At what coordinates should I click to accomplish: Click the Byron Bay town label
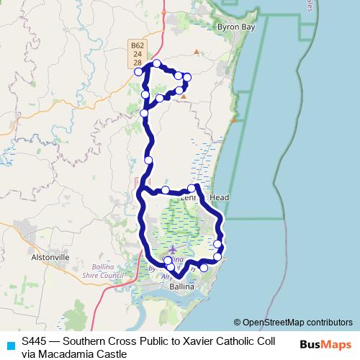pyautogui.click(x=235, y=25)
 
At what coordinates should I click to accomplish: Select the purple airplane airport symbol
pyautogui.click(x=173, y=249)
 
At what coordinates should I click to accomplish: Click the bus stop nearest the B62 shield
pyautogui.click(x=138, y=71)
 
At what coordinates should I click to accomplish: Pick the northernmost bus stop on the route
pyautogui.click(x=156, y=64)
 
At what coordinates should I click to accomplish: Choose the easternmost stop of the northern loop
pyautogui.click(x=187, y=77)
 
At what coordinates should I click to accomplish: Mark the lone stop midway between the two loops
pyautogui.click(x=148, y=160)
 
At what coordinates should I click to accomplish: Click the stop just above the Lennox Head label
pyautogui.click(x=192, y=189)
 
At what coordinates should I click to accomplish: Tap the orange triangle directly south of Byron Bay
pyautogui.click(x=196, y=52)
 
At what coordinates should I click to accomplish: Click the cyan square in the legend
pyautogui.click(x=10, y=345)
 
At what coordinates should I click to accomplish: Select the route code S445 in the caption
pyautogui.click(x=35, y=340)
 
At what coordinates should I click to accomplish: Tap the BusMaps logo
pyautogui.click(x=325, y=344)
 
